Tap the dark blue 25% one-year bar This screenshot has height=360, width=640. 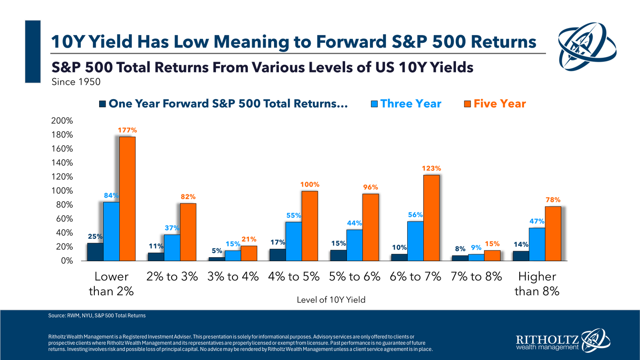coord(95,252)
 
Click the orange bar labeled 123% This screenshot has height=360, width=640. coord(431,218)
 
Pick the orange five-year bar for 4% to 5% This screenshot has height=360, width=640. coord(310,226)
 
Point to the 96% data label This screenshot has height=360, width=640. coord(370,187)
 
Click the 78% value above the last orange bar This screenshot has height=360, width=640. coord(553,200)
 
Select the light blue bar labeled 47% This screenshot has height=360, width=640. coord(537,244)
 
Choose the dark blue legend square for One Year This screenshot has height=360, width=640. coord(102,104)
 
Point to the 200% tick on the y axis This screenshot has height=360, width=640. coord(62,121)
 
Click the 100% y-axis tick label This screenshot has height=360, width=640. coord(62,191)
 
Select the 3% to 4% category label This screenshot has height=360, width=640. coord(233,276)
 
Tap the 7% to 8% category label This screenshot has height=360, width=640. coord(476,276)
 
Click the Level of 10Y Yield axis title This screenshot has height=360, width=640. coord(331,300)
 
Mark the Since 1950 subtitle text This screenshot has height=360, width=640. coord(76,82)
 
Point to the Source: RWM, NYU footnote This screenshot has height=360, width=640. coord(97,316)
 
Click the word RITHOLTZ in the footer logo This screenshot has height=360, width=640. coord(547,340)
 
